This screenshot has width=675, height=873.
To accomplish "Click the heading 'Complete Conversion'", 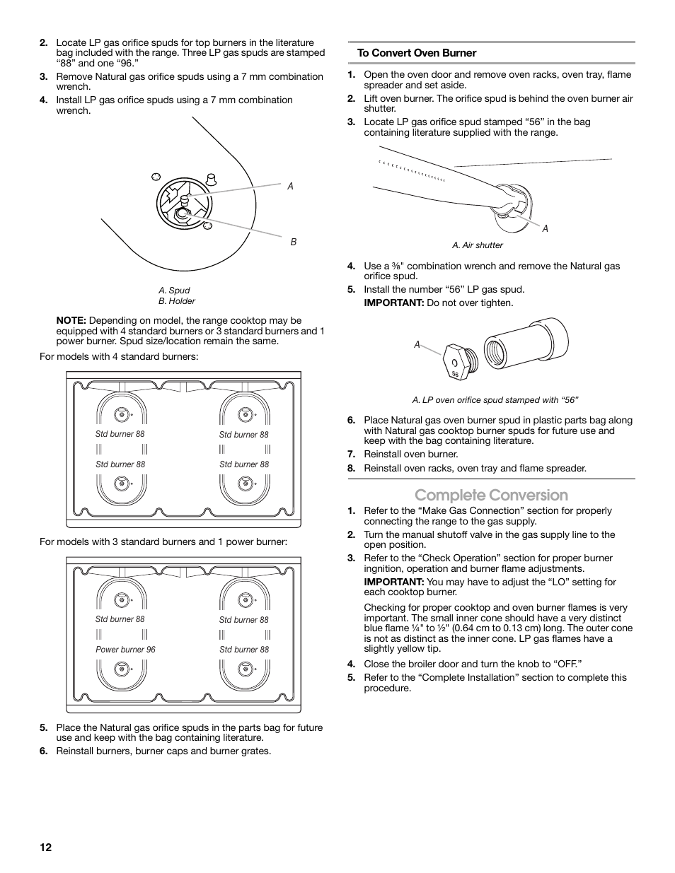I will point(491,495).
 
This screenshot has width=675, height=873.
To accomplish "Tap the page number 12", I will point(46,848).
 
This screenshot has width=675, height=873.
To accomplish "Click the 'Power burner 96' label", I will point(125,650).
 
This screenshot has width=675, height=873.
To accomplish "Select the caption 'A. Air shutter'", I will point(478,245).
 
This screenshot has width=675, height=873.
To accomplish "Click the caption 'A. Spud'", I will point(174,291).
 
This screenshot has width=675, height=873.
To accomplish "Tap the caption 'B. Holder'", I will point(177,301).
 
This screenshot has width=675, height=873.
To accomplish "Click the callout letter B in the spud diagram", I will point(294,242).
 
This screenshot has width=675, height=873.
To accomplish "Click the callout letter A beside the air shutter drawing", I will point(546,228).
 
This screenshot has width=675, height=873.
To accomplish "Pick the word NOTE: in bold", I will point(71,320).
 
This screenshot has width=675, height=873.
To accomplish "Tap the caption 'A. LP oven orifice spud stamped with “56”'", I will point(495,400).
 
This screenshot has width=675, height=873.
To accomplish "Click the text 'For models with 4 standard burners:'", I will point(119,356).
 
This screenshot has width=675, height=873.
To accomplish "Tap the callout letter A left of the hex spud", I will point(417,344).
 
